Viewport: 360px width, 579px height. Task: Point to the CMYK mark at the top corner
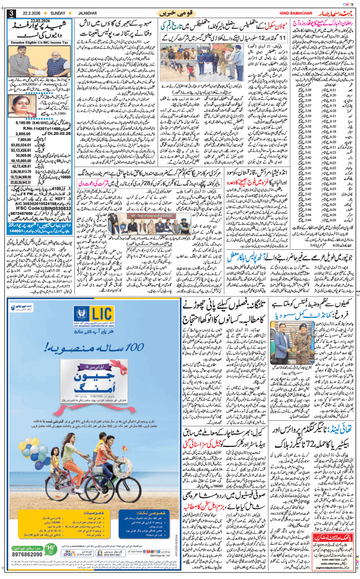349,3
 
